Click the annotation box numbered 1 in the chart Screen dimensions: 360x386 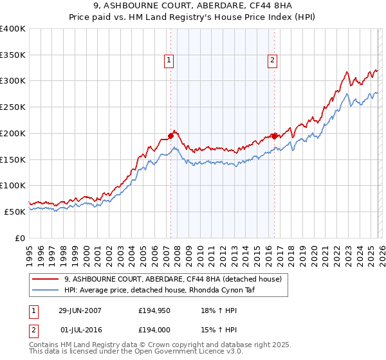point(169,60)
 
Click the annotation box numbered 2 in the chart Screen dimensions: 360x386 point(273,60)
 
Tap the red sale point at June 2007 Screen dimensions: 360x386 point(171,136)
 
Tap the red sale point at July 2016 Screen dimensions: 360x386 point(274,136)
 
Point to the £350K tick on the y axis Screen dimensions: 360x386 point(13,55)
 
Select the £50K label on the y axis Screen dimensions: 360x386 point(15,212)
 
